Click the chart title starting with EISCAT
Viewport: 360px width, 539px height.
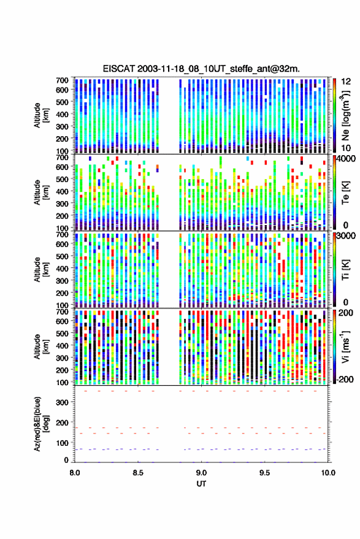tap(201, 69)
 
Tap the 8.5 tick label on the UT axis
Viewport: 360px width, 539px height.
tap(138, 473)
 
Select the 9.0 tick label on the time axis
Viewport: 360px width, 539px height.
tap(202, 473)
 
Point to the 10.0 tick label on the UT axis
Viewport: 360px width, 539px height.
tap(328, 473)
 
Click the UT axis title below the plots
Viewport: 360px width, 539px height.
tap(202, 484)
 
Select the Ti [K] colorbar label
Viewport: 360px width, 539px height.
tap(345, 270)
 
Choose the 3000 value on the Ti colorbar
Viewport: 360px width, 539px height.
tap(347, 236)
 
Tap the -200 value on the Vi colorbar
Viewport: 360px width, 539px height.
tap(345, 379)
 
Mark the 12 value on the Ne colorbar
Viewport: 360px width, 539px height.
tap(346, 82)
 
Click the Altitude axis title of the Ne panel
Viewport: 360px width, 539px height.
tap(41, 115)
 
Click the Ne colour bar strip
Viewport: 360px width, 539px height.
tap(334, 115)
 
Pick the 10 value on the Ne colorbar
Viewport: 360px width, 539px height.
tap(346, 148)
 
